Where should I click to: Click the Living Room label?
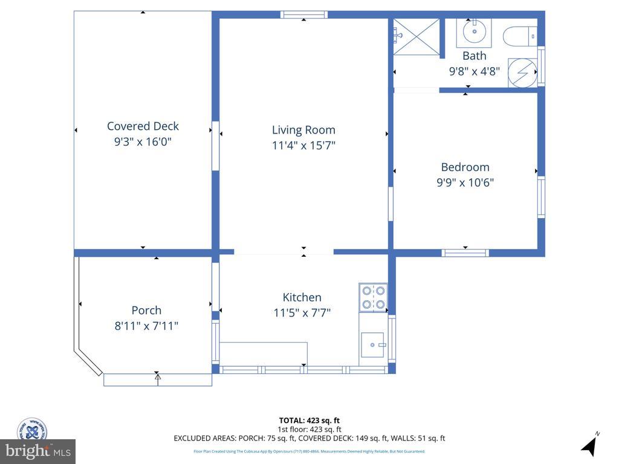(x=303, y=130)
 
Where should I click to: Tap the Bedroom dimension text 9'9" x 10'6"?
(x=465, y=182)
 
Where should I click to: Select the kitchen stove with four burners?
(x=373, y=297)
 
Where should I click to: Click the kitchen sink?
(x=373, y=344)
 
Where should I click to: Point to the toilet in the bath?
(x=519, y=36)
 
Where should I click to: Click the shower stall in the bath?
(x=416, y=37)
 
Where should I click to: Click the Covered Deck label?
(x=143, y=126)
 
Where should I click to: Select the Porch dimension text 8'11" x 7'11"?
(x=146, y=326)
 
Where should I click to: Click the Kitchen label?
(x=302, y=297)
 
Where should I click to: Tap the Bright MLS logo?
(x=37, y=451)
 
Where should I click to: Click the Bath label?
(x=474, y=56)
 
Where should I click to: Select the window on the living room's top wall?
(x=304, y=14)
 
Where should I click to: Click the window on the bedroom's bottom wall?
(x=465, y=253)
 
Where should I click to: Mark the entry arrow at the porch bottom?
(x=158, y=379)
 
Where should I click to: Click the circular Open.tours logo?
(x=31, y=430)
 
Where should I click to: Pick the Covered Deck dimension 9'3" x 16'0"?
(x=143, y=142)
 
